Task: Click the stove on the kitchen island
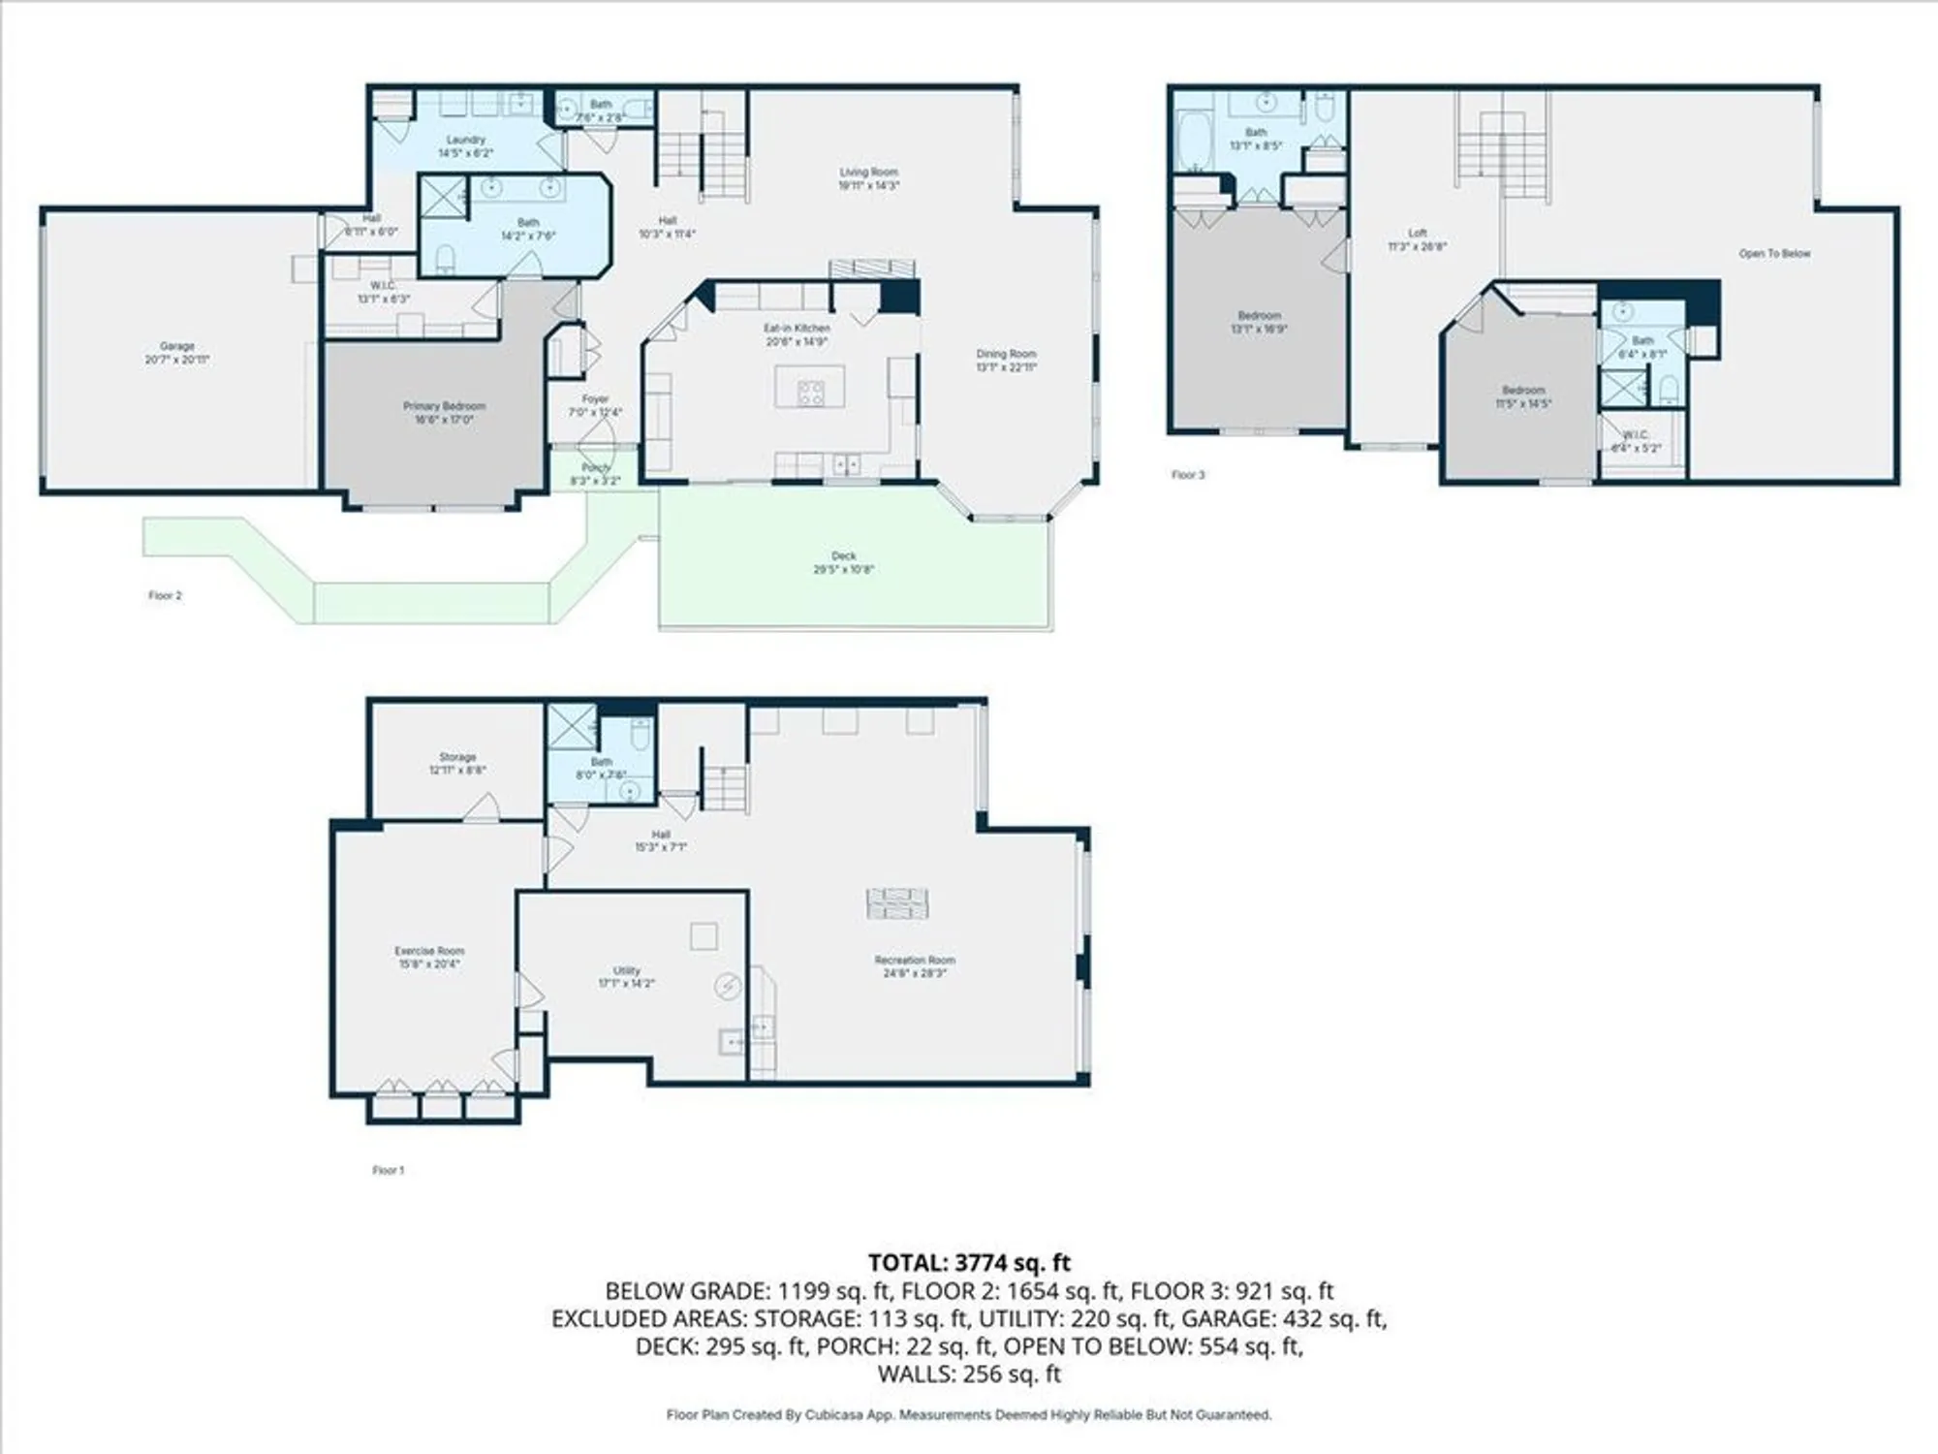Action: [x=810, y=392]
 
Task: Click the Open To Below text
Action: [x=1774, y=253]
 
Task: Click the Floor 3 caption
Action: [x=1188, y=475]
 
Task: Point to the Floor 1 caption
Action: [x=388, y=1170]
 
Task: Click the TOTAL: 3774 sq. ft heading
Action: [x=969, y=1262]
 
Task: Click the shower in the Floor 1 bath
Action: [x=572, y=727]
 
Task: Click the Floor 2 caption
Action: [x=165, y=595]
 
